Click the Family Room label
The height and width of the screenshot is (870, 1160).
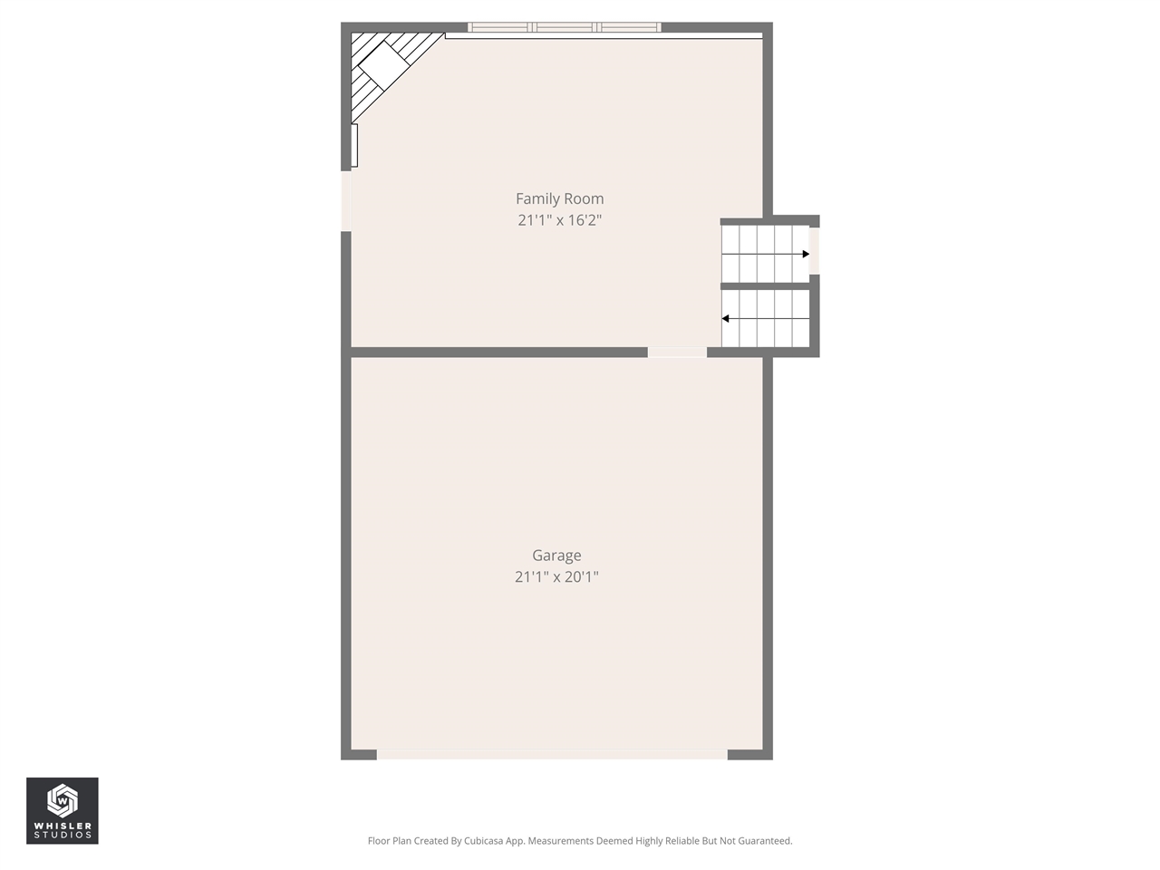pos(559,198)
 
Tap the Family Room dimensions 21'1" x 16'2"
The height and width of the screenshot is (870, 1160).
pos(559,220)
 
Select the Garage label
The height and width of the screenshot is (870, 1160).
pos(556,556)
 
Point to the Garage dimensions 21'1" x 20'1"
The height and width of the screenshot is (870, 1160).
pos(556,576)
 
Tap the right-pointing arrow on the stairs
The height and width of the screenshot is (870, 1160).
pos(805,255)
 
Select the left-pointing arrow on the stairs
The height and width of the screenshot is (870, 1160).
pos(726,319)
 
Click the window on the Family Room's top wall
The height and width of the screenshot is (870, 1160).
pos(564,27)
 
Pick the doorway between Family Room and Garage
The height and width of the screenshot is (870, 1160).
pos(677,352)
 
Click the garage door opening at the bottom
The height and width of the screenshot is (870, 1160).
pos(552,754)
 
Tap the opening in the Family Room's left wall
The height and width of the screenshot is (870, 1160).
pos(345,200)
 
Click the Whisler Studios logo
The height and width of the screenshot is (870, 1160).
pos(63,810)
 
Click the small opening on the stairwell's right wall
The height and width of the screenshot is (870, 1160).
pos(814,250)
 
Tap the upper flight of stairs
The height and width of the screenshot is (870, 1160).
pos(765,254)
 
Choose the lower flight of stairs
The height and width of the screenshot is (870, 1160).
pos(765,318)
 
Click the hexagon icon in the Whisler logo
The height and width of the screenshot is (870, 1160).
pos(62,800)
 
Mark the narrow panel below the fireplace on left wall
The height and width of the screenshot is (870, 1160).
pos(354,146)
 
